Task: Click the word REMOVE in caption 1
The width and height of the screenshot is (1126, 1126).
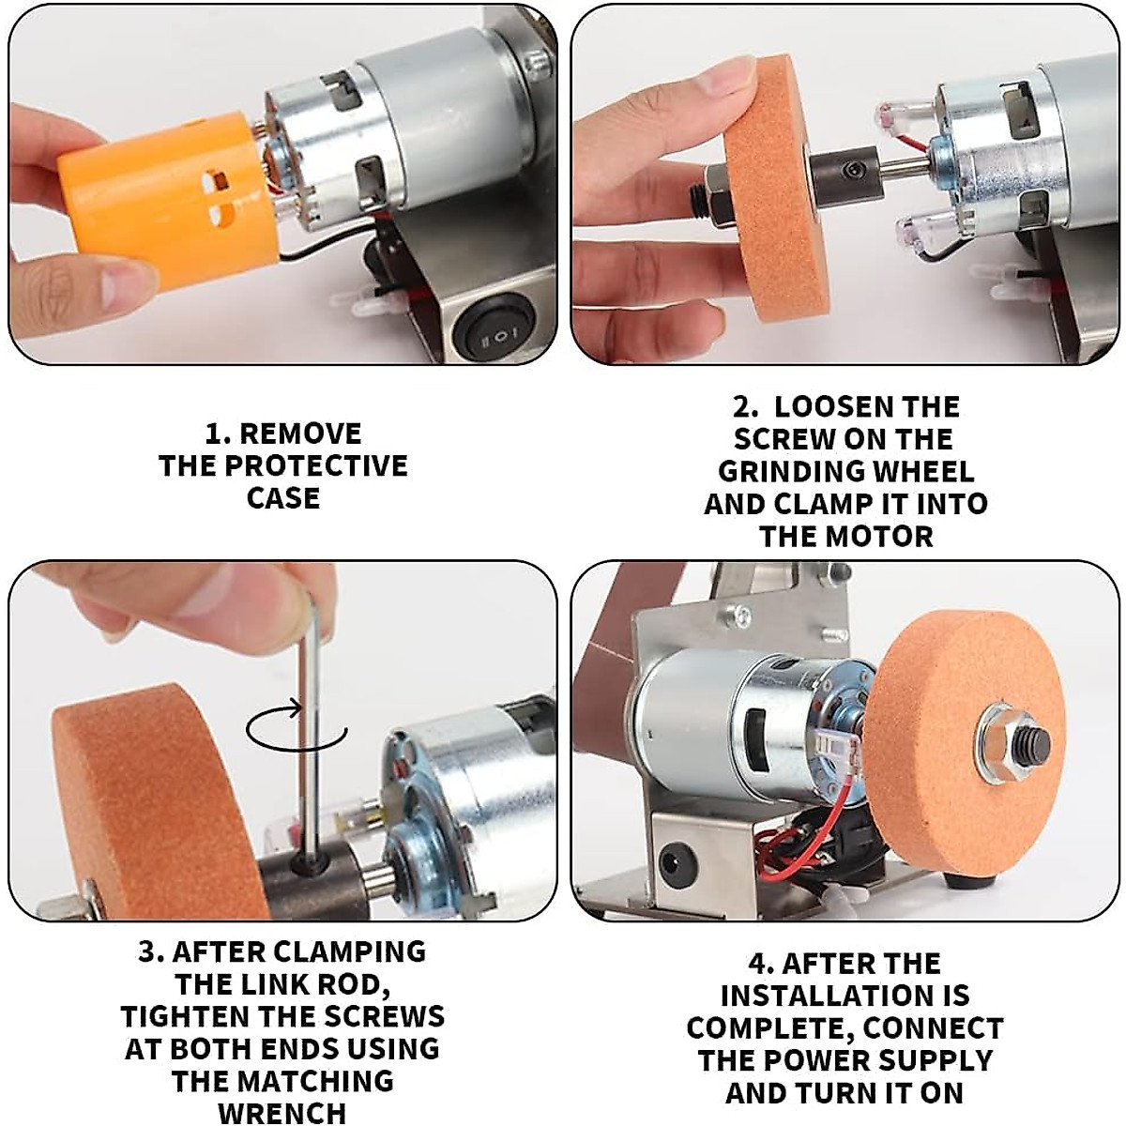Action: pos(300,434)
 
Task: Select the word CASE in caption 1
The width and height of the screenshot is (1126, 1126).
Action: pos(283,498)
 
